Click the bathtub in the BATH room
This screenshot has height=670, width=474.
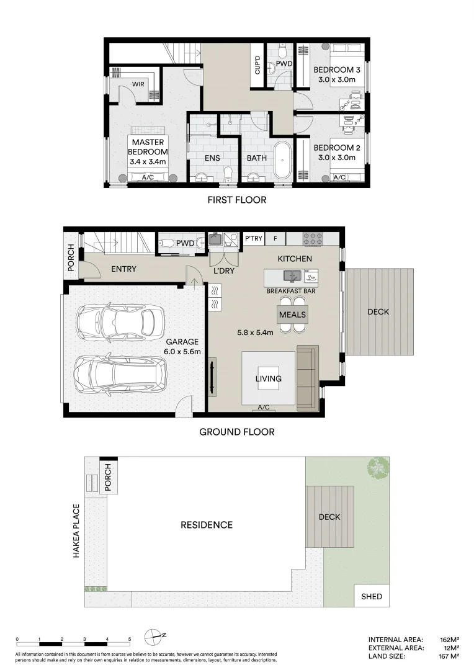282,160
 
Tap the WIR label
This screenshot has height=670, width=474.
138,84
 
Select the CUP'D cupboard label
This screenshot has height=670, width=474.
257,65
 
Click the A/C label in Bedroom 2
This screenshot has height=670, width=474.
339,177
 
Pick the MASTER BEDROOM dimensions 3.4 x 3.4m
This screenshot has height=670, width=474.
148,161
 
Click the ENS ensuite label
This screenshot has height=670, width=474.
212,158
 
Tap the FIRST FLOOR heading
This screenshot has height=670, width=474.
237,200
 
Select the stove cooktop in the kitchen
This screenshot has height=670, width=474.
313,239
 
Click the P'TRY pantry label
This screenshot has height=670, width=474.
254,238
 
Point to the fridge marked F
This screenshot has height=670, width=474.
275,238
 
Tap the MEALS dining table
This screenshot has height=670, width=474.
292,315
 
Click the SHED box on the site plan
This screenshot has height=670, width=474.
372,597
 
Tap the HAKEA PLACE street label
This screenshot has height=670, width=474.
76,530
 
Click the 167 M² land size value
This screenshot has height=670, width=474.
450,656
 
